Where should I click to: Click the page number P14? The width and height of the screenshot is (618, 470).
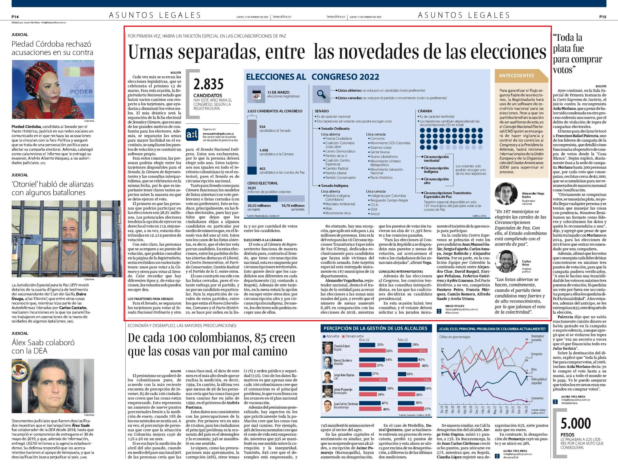(15, 17)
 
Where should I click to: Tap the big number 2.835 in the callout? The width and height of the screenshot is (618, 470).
(208, 84)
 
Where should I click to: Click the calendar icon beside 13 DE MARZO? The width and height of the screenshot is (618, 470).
(256, 94)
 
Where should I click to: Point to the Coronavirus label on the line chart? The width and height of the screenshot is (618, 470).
(537, 398)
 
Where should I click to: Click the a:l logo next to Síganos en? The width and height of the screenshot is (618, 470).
(192, 133)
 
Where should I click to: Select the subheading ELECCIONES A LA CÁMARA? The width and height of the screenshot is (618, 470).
(263, 240)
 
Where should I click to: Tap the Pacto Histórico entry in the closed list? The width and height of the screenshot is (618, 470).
(381, 177)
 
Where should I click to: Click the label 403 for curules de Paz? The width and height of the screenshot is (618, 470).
(262, 169)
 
